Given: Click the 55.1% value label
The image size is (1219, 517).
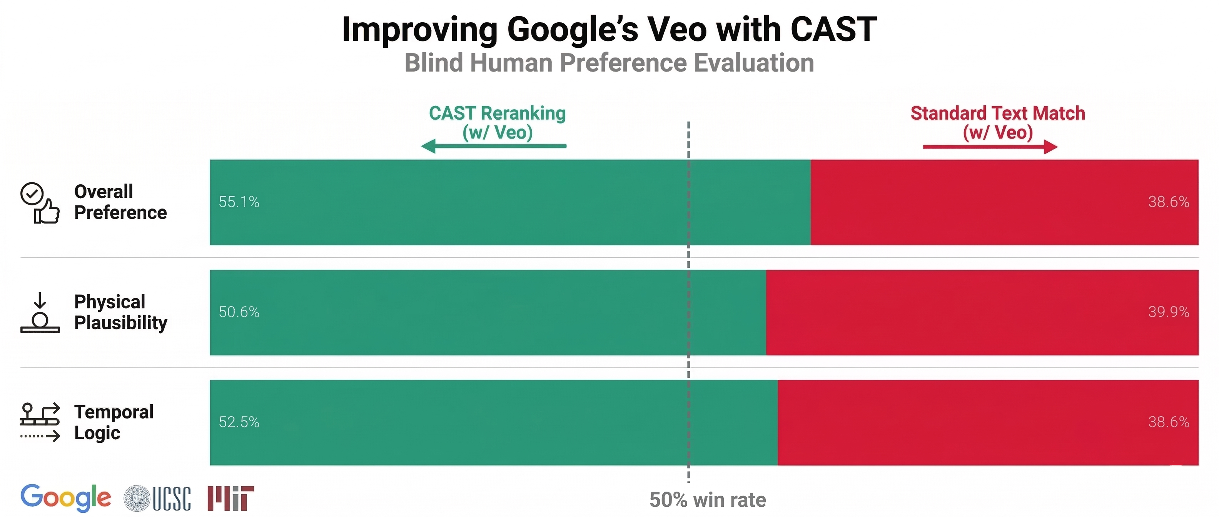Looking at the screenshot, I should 239,202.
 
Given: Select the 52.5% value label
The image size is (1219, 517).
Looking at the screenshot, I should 239,422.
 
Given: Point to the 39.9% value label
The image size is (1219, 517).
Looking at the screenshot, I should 1168,312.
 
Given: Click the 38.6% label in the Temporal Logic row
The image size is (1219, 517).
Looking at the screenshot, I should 1168,422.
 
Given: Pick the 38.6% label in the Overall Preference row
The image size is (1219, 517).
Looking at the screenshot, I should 1168,202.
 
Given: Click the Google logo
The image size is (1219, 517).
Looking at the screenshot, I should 66,498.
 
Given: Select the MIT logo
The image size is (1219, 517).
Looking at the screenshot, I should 230,499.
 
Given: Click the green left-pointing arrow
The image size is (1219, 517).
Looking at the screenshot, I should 494,146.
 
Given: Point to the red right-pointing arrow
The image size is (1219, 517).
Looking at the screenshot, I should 990,147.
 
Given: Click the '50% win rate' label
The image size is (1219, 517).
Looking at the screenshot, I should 708,500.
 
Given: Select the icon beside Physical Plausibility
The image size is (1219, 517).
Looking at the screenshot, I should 40,313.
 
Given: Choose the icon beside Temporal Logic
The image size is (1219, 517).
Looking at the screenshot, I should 40,422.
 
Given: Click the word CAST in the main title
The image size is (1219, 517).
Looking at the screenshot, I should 833,29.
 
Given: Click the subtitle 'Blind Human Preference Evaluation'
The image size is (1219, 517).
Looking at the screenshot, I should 609,63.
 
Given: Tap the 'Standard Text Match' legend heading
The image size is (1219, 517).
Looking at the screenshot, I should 997,113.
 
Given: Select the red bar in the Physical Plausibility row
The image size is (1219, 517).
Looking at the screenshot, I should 982,312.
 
